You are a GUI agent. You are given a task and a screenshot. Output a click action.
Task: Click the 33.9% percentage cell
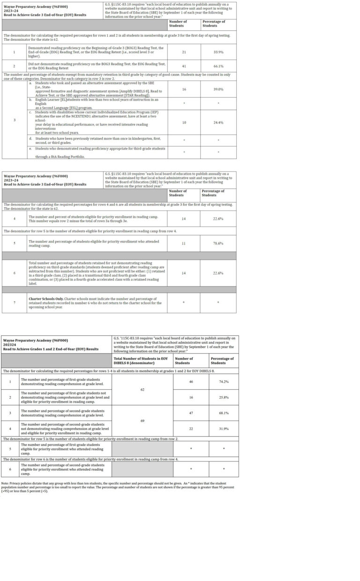[218, 52]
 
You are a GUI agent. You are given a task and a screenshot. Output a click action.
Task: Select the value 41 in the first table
[184, 66]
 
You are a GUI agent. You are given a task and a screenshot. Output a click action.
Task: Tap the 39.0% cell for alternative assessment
[218, 89]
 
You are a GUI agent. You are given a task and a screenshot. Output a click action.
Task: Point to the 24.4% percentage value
[218, 122]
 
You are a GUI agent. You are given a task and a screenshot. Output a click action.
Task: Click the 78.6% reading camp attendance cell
[218, 243]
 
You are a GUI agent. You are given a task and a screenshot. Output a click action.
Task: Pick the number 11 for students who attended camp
[183, 243]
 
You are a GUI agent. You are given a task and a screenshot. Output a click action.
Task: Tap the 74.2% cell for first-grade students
[223, 382]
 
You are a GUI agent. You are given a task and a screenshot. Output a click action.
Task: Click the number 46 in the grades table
[191, 382]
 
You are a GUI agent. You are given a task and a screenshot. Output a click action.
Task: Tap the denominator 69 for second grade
[142, 421]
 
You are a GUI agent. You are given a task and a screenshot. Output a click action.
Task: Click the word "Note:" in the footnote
[5, 483]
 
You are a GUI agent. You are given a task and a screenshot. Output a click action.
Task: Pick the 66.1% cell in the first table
[218, 66]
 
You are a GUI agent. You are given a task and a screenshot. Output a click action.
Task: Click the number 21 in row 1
[184, 52]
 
